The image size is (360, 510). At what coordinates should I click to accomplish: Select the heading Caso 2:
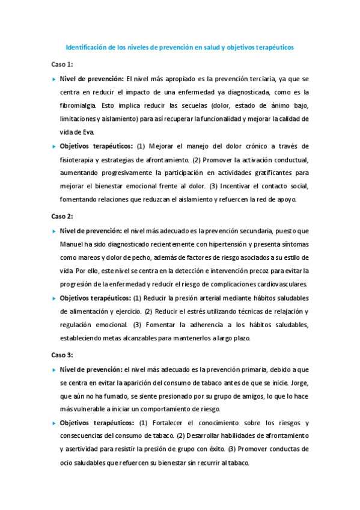62,216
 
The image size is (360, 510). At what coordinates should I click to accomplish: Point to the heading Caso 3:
62,354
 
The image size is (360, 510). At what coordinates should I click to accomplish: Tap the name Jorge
299,382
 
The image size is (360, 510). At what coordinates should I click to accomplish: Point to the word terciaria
260,79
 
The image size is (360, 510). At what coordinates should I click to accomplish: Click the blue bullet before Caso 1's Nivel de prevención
54,79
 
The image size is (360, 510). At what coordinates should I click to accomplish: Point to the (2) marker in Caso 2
149,312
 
